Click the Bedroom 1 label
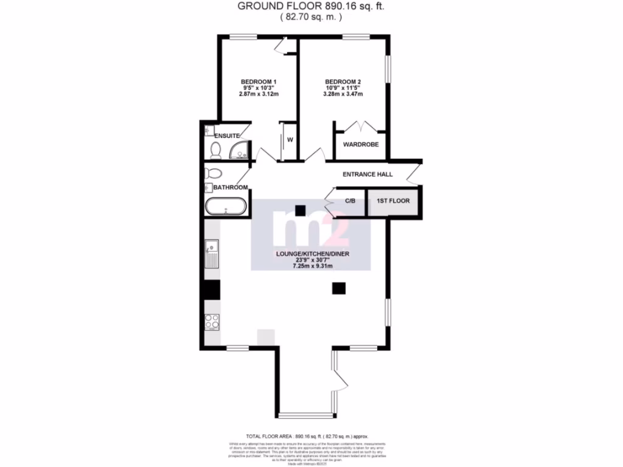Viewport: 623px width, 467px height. pyautogui.click(x=259, y=82)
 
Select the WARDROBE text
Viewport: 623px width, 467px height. pyautogui.click(x=361, y=145)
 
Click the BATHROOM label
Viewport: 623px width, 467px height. pyautogui.click(x=231, y=187)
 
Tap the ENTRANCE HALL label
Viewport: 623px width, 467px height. pyautogui.click(x=367, y=175)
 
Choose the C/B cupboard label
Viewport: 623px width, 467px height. pyautogui.click(x=350, y=201)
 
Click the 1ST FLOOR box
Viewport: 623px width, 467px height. pyautogui.click(x=393, y=201)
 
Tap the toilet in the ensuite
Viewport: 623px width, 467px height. pyautogui.click(x=215, y=150)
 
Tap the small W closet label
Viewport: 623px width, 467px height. pyautogui.click(x=290, y=140)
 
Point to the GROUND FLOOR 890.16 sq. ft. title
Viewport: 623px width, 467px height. pyautogui.click(x=311, y=7)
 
